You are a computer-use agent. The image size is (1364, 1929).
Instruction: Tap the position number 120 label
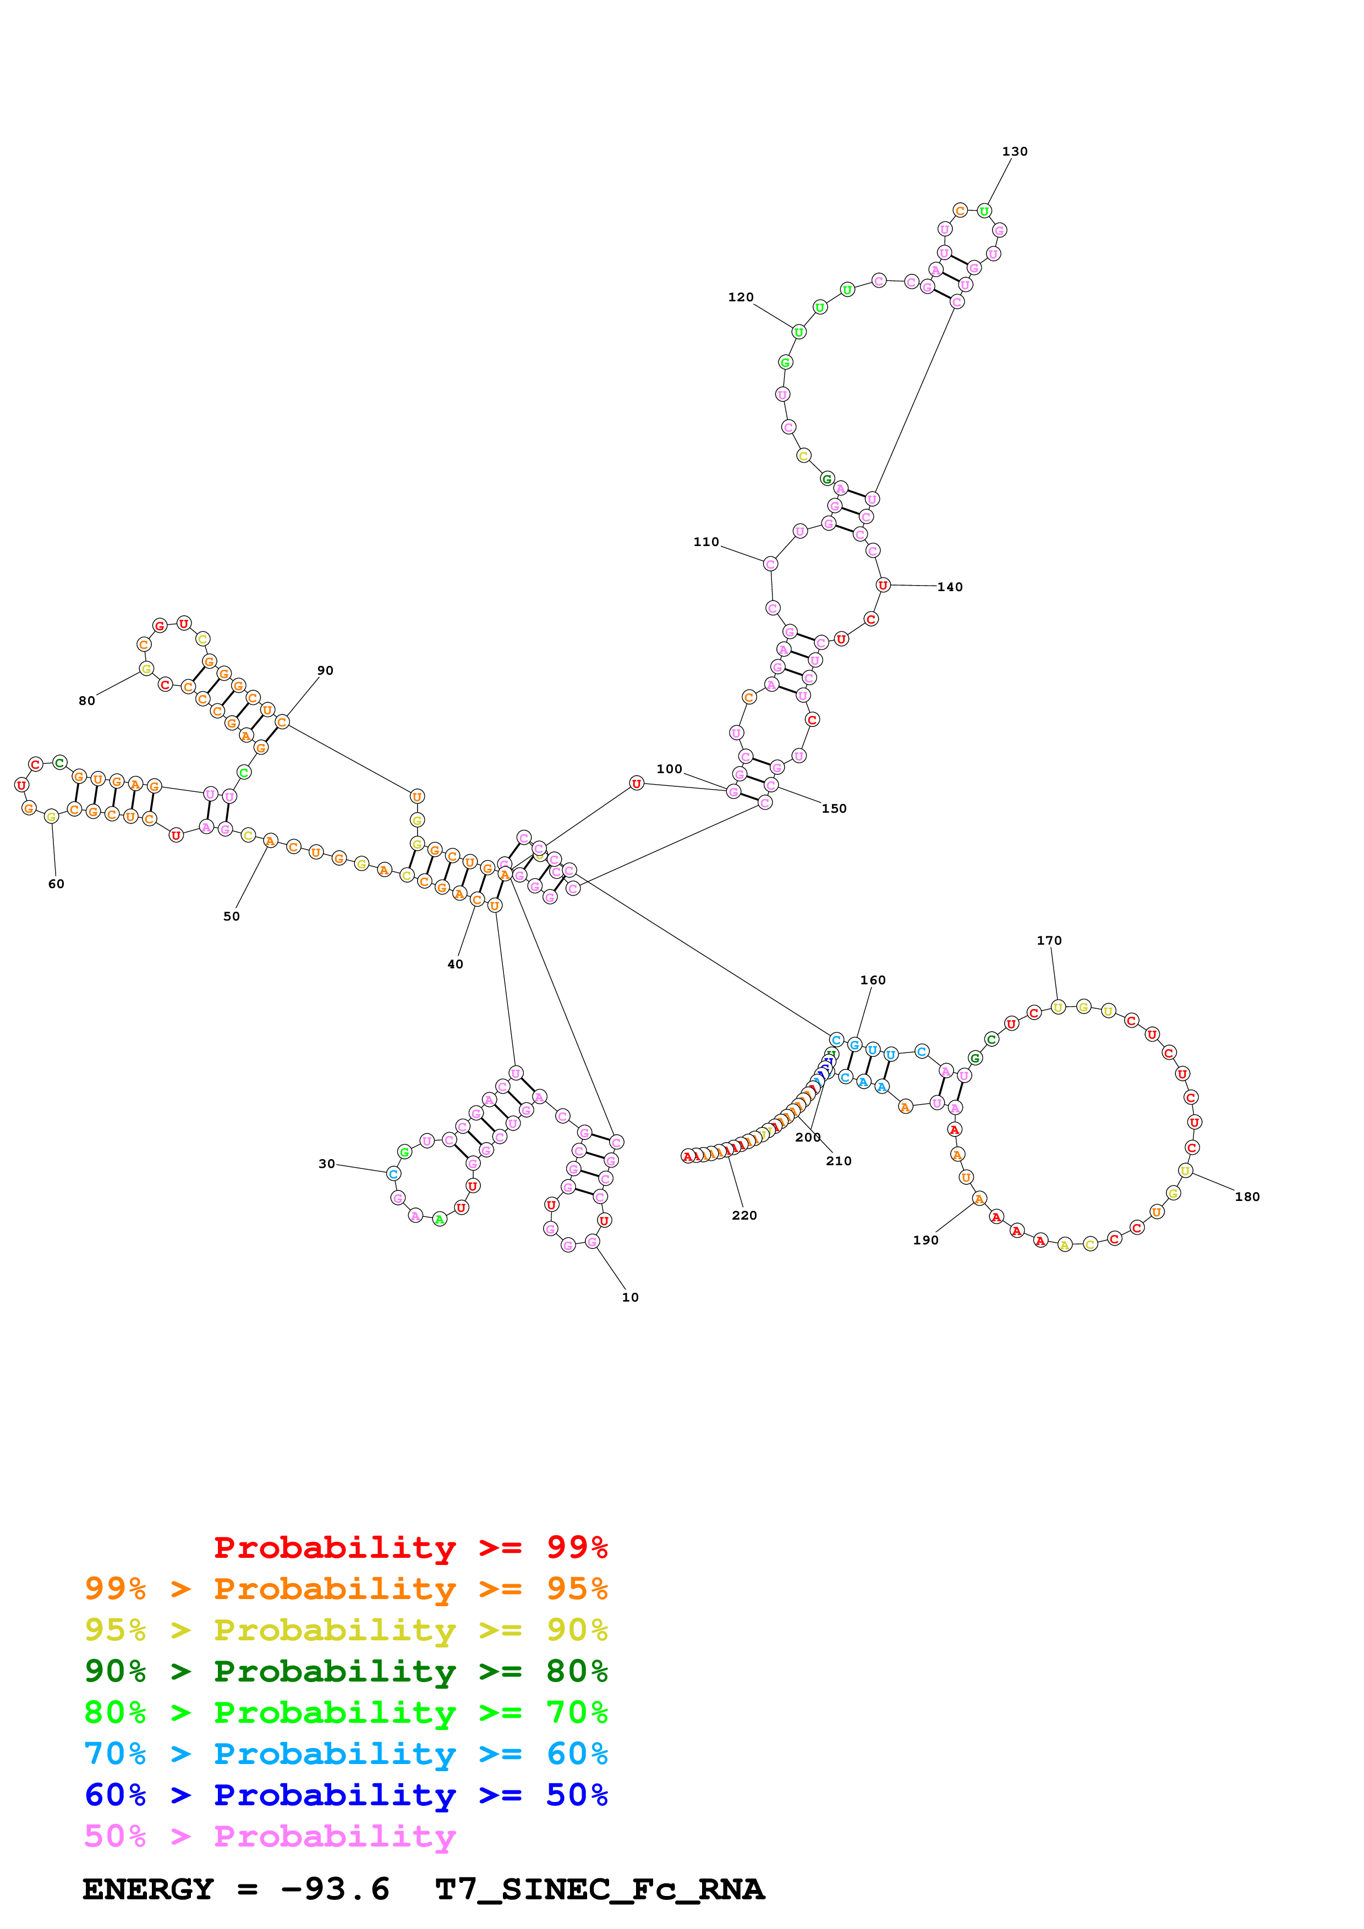pos(741,297)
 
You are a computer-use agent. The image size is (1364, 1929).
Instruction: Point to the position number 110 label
pos(706,542)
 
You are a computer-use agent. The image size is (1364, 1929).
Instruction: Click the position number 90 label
pos(325,670)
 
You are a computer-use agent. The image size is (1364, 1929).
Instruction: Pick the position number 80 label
pos(86,701)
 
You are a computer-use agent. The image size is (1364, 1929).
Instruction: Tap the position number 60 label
pos(56,884)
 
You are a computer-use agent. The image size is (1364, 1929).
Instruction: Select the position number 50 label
pos(231,917)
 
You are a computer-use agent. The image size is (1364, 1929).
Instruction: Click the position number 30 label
pos(326,1164)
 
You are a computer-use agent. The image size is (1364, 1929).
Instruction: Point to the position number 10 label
pos(631,1297)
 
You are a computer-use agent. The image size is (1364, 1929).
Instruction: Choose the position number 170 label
pos(1049,940)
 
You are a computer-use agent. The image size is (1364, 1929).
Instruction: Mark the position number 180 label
pos(1247,1197)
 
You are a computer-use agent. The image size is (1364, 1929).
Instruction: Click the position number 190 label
pos(925,1240)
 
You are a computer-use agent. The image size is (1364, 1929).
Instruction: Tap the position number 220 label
pos(744,1215)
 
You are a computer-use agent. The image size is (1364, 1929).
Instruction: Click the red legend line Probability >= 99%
pos(410,1547)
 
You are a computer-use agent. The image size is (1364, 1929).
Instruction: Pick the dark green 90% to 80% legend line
pos(346,1671)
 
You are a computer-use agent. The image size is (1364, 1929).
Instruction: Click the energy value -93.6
pos(335,1889)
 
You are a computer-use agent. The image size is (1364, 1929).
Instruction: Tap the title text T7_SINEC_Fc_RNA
pos(599,1889)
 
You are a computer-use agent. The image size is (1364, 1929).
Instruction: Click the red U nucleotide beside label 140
pos(883,585)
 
